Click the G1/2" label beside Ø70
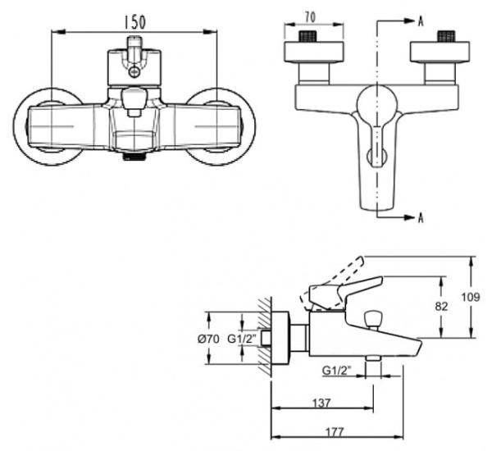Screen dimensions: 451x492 [x=242, y=339]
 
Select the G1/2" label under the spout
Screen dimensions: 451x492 [x=339, y=370]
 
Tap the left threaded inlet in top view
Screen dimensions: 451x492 [x=310, y=36]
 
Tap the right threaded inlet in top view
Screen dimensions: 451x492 [x=446, y=36]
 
